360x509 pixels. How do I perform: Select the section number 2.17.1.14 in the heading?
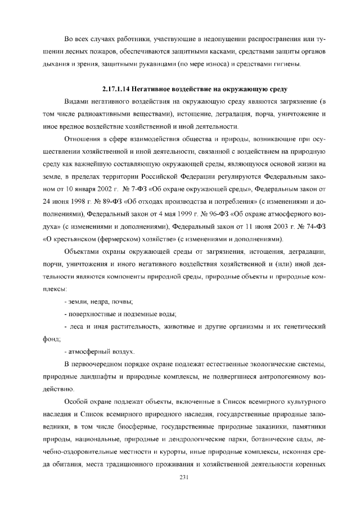(119, 89)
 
